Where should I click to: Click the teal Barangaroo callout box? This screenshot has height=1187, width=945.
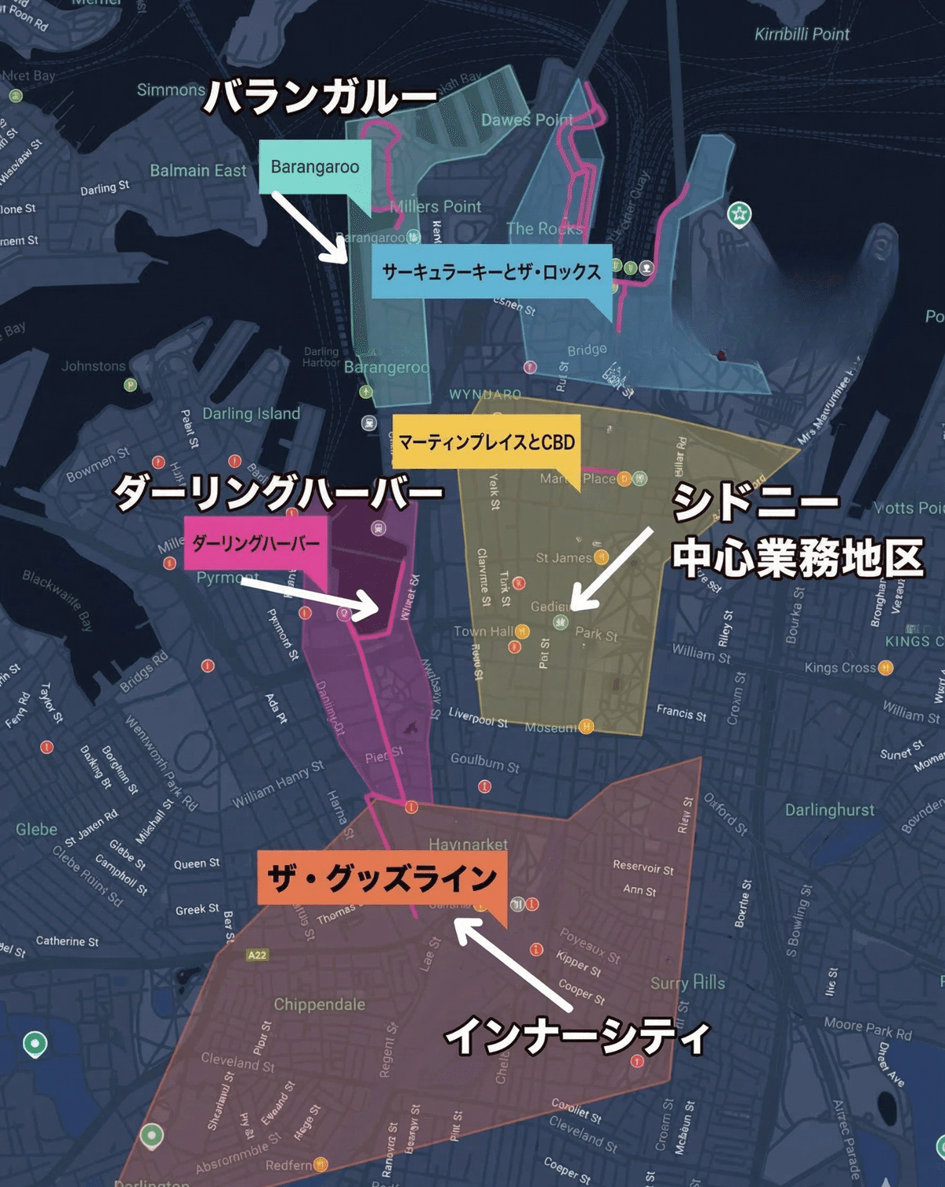point(314,167)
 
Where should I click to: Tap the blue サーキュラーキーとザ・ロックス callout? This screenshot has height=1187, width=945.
point(491,272)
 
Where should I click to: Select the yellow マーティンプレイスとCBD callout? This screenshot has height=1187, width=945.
point(486,442)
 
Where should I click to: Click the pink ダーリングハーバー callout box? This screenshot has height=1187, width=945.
point(256,543)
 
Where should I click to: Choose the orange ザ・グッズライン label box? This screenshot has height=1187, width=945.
point(382,878)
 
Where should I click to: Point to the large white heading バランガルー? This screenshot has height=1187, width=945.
point(320,98)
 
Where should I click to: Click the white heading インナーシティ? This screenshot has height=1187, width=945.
point(577,1036)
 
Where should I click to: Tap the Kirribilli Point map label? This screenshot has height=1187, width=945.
point(802,35)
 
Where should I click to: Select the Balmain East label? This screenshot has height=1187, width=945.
point(198,171)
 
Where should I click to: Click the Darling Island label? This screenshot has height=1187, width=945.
point(251,414)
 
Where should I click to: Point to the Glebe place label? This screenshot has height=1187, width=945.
point(36,830)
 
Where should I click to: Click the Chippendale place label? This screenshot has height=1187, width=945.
point(319,1004)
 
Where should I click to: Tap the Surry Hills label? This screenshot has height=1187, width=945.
point(687,983)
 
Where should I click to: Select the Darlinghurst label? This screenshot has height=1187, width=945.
point(829,810)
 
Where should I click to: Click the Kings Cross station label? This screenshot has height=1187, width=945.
point(840,668)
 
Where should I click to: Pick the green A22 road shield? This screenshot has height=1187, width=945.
point(257,955)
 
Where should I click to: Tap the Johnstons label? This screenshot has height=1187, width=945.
point(94,366)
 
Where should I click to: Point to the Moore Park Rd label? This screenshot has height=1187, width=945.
point(867,1028)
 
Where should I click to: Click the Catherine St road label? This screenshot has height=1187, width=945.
point(67,941)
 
